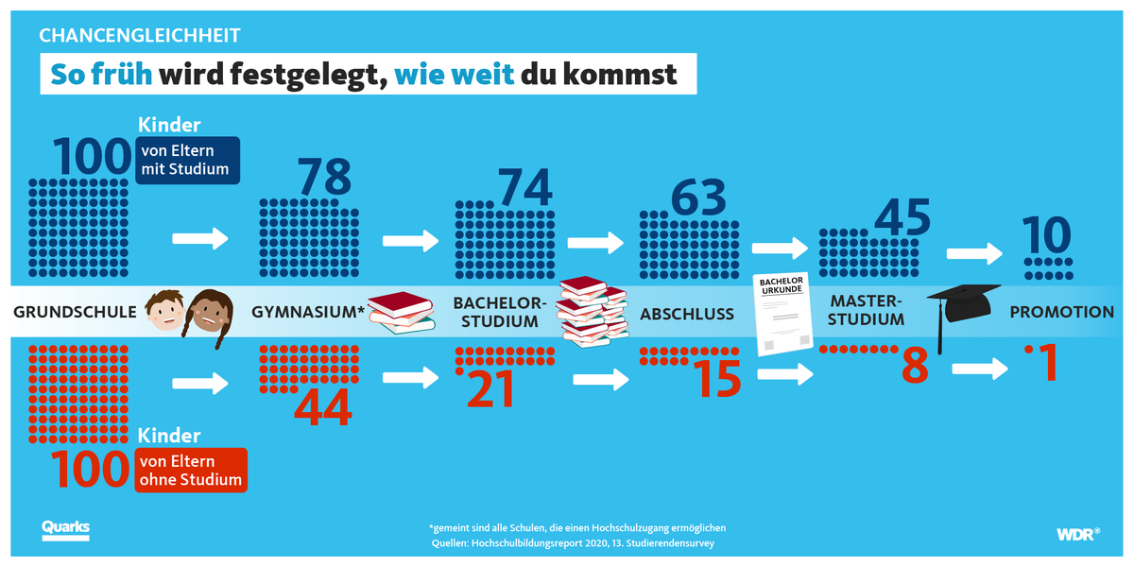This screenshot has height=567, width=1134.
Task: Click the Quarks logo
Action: [65, 529]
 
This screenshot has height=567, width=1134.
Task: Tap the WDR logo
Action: [1077, 534]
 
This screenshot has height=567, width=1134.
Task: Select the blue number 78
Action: [324, 177]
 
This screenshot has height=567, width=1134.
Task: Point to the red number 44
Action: [323, 407]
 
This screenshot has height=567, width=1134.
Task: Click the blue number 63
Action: [698, 198]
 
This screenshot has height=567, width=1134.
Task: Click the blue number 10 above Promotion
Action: [1046, 235]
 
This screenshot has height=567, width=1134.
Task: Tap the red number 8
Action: [914, 367]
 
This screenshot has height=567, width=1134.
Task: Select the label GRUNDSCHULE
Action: [75, 312]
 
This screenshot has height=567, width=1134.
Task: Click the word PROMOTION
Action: [1062, 312]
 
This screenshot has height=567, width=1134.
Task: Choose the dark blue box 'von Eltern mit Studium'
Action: [189, 160]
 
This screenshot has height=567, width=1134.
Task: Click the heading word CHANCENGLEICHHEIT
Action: [140, 36]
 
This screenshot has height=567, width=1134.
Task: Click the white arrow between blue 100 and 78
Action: [200, 238]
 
